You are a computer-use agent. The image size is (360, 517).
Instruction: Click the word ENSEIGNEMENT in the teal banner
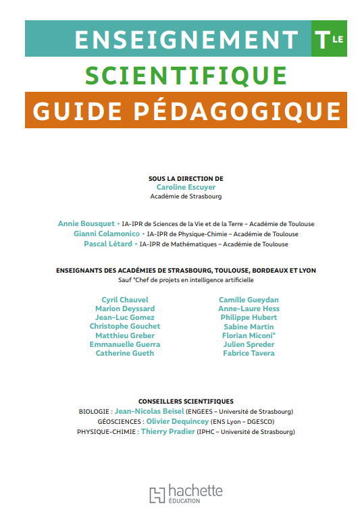186,39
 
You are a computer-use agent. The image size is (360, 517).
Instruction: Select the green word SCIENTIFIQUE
186,75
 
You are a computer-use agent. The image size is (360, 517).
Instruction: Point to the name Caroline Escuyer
186,187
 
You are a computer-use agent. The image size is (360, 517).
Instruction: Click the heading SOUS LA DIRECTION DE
186,178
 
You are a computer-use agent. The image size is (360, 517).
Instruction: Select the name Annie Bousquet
86,223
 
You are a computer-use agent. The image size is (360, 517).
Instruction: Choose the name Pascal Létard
108,244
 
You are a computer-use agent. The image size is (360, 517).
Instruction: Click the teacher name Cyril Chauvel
125,300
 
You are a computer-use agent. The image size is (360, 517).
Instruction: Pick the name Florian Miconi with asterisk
249,335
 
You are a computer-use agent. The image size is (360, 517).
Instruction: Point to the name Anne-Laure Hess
249,308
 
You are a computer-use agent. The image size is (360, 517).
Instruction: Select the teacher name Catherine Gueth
125,353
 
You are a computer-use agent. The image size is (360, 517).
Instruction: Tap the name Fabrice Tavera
249,353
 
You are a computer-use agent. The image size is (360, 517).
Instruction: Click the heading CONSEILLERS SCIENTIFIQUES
186,401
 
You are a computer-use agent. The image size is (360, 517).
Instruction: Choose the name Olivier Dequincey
172,421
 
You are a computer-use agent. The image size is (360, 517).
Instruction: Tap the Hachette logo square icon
157,495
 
